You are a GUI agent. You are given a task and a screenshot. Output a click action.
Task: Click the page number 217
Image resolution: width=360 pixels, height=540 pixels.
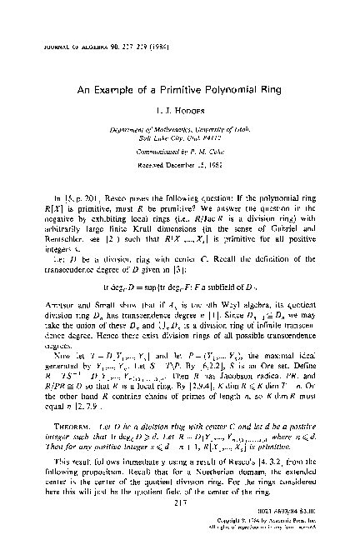178,511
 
